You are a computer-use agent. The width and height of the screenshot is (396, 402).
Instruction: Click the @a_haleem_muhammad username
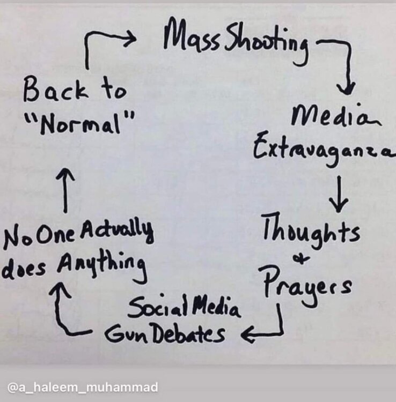coord(82,386)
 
